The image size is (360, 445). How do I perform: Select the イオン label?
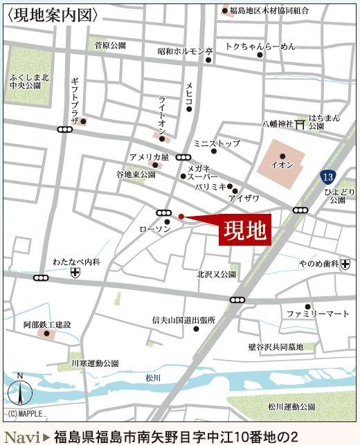pos(282,166)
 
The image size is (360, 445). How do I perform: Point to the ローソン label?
pos(155,229)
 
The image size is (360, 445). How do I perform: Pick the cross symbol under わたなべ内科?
pos(75,273)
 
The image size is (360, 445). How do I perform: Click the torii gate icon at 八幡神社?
pos(300,125)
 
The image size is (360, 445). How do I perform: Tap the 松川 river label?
pos(153,377)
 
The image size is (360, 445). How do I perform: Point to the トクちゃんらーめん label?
pos(260,46)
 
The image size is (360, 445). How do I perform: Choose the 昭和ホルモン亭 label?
pos(185,51)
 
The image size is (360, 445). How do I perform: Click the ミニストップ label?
pos(217,143)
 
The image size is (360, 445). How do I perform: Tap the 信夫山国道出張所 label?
pos(183,320)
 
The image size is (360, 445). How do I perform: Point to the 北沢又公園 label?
pos(216,274)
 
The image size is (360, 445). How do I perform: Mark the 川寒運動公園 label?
pos(94,363)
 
